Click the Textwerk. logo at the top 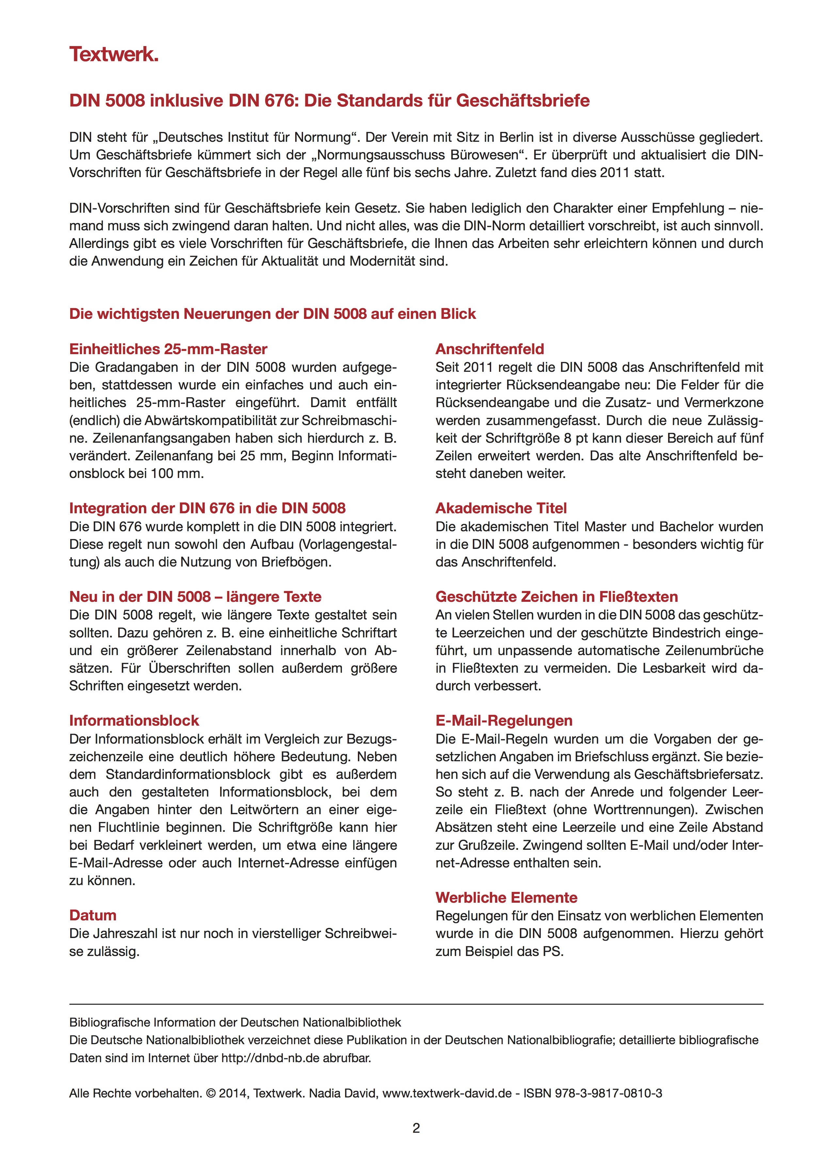coord(114,54)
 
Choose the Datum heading coord(93,915)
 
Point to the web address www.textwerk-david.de coord(447,1093)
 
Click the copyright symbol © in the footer coord(210,1093)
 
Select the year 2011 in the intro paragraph coord(615,173)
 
